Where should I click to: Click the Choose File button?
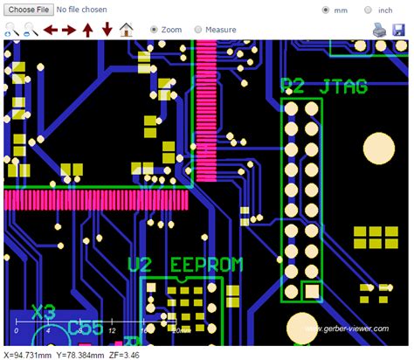(x=27, y=10)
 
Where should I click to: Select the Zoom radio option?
(x=155, y=30)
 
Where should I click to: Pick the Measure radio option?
(x=198, y=30)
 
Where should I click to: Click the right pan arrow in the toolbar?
(x=68, y=30)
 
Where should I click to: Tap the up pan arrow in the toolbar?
(x=87, y=30)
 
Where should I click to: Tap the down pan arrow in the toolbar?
(x=107, y=30)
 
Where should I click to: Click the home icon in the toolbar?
(x=127, y=30)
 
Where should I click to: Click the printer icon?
(x=379, y=30)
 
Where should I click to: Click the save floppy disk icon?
(x=399, y=30)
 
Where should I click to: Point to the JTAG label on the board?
(x=344, y=87)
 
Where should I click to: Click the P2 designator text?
(x=293, y=87)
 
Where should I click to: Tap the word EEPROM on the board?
(x=206, y=264)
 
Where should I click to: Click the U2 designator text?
(x=141, y=264)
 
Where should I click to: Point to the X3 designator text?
(x=43, y=311)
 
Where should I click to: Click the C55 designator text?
(x=86, y=329)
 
